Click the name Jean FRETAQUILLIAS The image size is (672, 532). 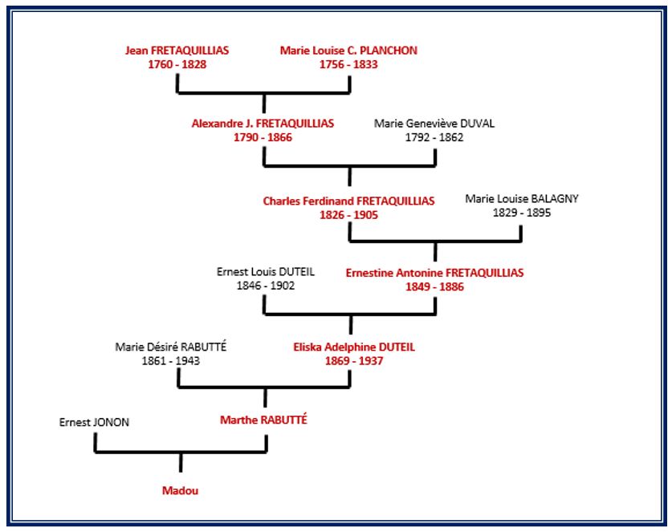[x=177, y=51]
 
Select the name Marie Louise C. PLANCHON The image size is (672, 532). [x=348, y=51]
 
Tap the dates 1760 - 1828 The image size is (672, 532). [x=177, y=64]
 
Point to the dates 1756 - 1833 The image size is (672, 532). [x=348, y=64]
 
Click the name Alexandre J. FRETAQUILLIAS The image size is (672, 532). [x=263, y=124]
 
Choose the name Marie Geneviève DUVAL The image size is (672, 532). [x=434, y=124]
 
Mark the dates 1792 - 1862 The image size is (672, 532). [x=434, y=137]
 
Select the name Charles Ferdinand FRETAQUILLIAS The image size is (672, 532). [x=348, y=201]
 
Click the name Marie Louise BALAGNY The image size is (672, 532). [x=522, y=199]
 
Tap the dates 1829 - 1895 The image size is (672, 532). [x=522, y=213]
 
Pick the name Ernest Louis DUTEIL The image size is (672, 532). [x=265, y=272]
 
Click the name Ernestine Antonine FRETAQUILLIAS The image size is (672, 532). [x=434, y=273]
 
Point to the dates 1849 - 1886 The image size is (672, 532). [x=434, y=286]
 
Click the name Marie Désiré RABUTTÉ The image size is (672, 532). [x=171, y=347]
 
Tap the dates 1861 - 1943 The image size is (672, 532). [x=171, y=361]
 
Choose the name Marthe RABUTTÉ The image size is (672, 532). [x=263, y=420]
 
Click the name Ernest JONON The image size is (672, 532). [x=94, y=422]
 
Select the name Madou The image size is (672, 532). [x=180, y=491]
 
